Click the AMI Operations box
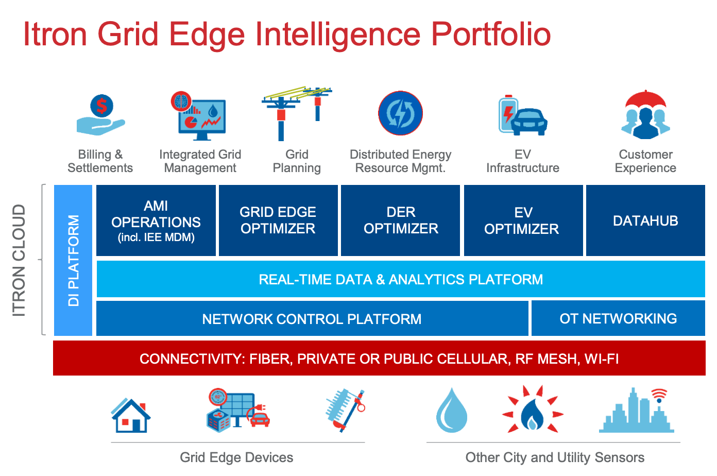coord(156,220)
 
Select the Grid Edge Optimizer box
coord(278,220)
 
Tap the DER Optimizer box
coord(401,220)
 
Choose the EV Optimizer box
coord(523,220)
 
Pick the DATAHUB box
coord(645,220)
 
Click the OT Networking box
coord(618,318)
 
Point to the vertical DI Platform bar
coord(73,260)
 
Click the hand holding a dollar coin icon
coord(101,115)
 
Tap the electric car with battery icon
coord(522,115)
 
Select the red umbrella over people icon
coord(645,114)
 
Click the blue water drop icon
coord(452,411)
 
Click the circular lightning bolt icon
coord(400,113)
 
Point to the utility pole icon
coord(296,113)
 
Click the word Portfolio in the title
coord(490,34)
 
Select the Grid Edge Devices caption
coord(236,457)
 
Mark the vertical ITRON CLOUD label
coord(19,260)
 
